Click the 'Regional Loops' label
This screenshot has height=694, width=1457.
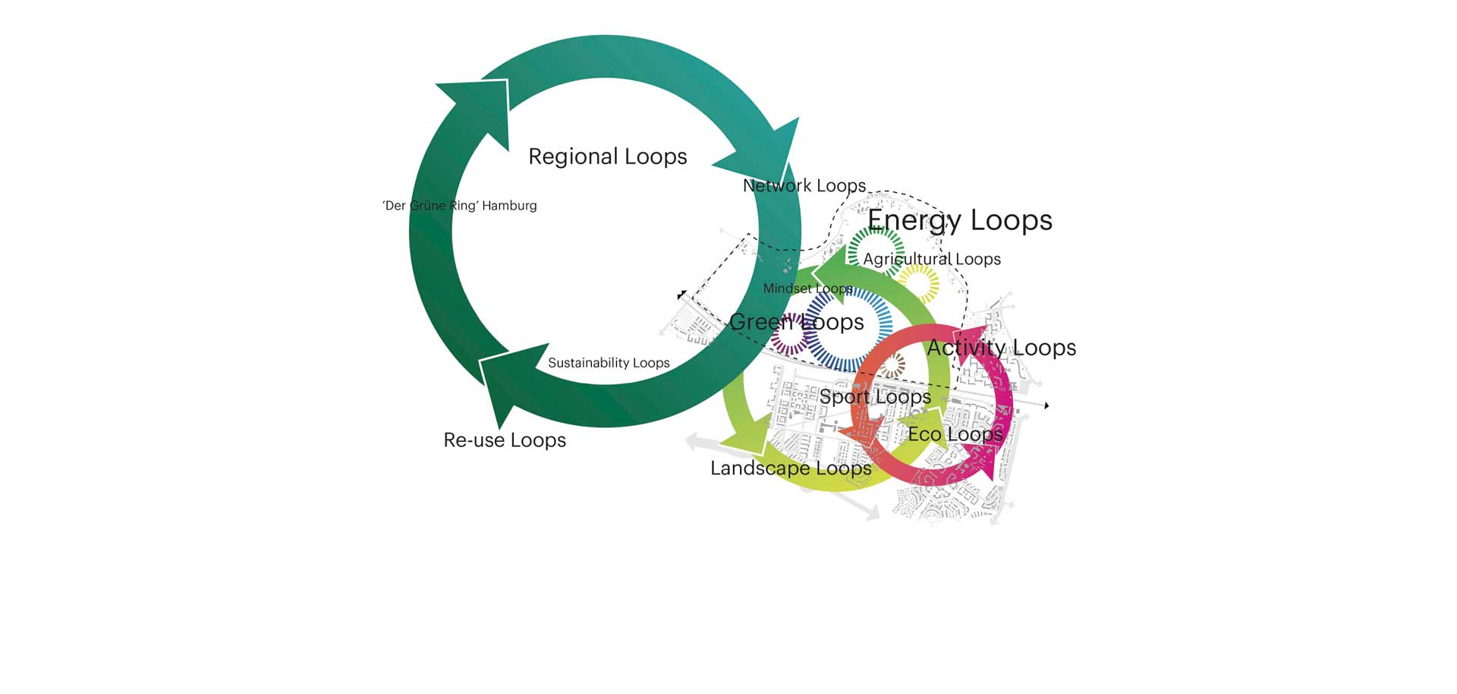(607, 156)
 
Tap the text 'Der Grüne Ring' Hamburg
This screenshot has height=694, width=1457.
(459, 206)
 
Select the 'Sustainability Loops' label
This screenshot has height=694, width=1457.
(609, 363)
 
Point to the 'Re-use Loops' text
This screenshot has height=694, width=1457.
(505, 440)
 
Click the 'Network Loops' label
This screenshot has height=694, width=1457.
(804, 186)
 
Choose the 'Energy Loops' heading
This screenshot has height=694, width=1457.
(959, 220)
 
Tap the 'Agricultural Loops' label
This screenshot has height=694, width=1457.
(932, 259)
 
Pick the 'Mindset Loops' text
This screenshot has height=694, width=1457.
(807, 289)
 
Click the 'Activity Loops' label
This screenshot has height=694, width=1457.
(1001, 348)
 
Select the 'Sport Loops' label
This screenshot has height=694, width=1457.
(875, 396)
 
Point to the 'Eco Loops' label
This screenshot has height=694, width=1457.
(955, 434)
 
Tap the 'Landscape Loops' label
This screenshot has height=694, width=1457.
(791, 468)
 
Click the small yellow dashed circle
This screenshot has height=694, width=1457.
(918, 283)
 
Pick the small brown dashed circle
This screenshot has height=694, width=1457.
(892, 365)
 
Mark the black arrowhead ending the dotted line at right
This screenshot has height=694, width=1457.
(1046, 405)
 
